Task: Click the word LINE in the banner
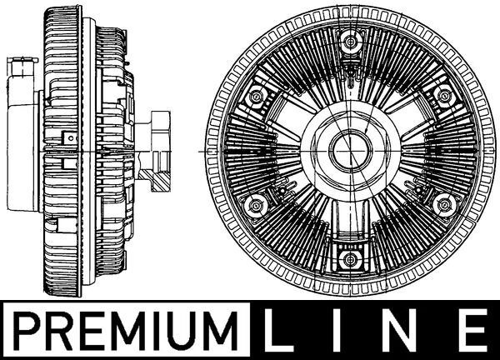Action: point(377,330)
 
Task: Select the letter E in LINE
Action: point(475,330)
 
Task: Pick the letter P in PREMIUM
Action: point(27,331)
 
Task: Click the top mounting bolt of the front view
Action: point(351,41)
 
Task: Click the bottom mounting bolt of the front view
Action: point(351,260)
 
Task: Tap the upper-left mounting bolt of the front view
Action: point(256,96)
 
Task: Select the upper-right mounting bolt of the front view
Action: point(443,95)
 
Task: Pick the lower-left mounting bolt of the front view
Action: point(256,206)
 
